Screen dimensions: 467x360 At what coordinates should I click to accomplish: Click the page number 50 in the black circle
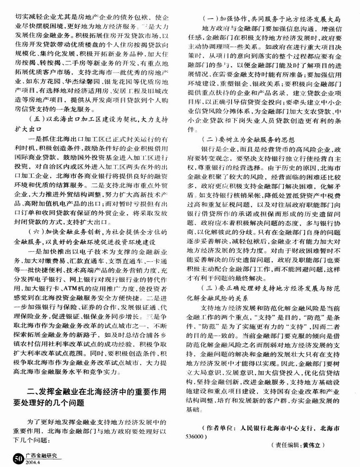pyautogui.click(x=18, y=456)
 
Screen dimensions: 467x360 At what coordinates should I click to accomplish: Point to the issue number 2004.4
pyautogui.click(x=34, y=460)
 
